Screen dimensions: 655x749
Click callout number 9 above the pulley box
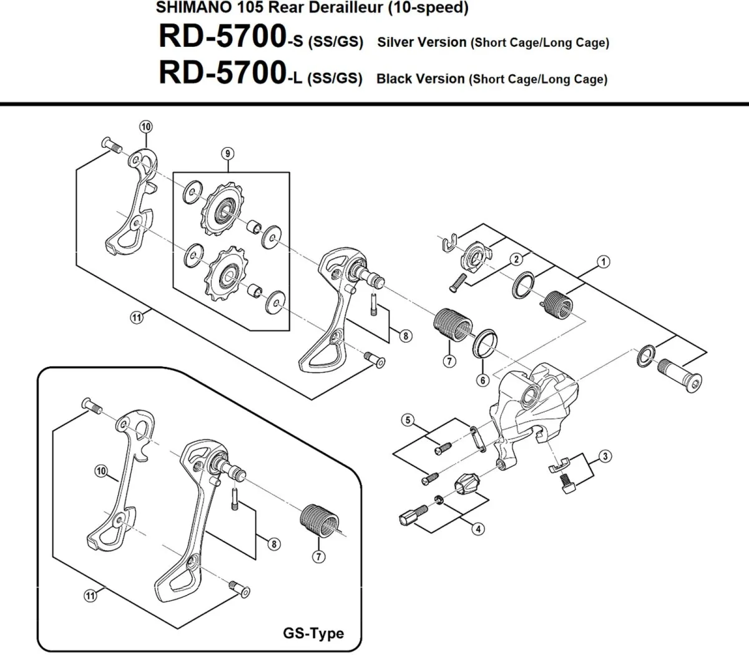click(x=228, y=153)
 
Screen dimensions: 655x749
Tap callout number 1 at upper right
click(x=603, y=262)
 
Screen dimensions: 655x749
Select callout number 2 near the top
click(x=516, y=259)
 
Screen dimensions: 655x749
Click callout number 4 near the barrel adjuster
click(x=478, y=528)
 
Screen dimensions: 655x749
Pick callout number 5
click(x=408, y=420)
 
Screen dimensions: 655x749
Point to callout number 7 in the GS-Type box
click(x=319, y=556)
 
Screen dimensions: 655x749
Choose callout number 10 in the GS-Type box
click(x=101, y=470)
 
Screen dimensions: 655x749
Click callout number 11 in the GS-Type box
click(x=91, y=596)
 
